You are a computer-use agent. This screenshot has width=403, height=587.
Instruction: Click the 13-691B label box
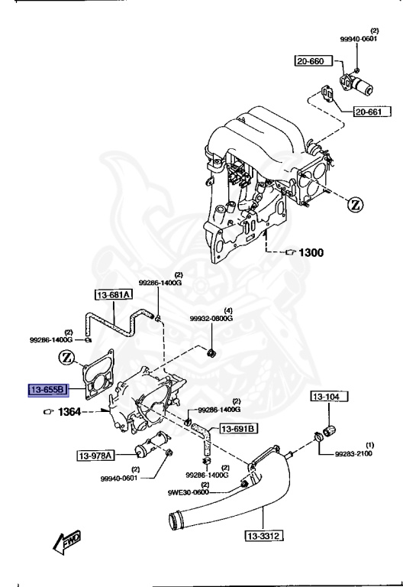click(239, 429)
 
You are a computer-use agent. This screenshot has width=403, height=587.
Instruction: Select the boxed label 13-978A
click(95, 456)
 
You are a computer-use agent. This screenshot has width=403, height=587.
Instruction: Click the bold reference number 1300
click(311, 252)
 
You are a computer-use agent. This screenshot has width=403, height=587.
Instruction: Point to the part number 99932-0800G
click(211, 318)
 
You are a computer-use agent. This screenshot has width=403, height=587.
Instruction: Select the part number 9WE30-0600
click(189, 492)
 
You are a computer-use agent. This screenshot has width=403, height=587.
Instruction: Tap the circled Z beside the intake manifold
click(356, 204)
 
